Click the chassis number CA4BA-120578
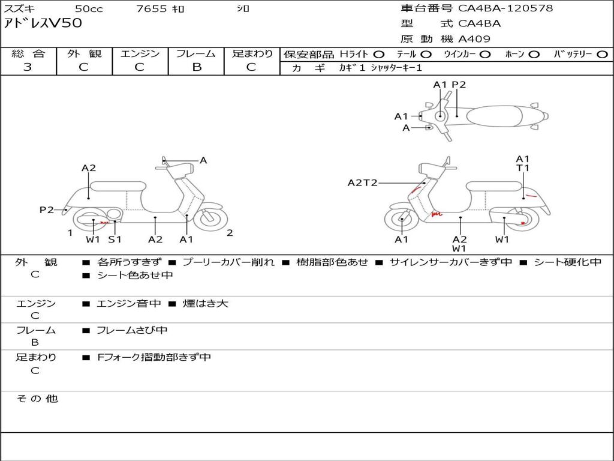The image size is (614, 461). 505,8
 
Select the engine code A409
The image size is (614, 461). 474,39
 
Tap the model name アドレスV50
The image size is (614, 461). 43,23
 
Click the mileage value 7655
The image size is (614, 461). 152,8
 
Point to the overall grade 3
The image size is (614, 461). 28,67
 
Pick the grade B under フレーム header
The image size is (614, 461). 197,67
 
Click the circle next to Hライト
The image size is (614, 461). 379,55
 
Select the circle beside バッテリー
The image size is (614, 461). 602,55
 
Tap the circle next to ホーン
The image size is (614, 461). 534,55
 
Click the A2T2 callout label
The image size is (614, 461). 363,182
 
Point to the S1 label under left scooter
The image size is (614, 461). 115,239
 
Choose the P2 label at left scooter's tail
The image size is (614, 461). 47,209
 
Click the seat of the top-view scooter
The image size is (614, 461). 494,116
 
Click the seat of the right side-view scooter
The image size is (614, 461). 494,187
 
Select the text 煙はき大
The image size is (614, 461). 205,303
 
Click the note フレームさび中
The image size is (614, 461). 132,331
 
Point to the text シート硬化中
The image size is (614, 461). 567,262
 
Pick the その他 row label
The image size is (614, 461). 37,399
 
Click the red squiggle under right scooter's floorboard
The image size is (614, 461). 437,214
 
